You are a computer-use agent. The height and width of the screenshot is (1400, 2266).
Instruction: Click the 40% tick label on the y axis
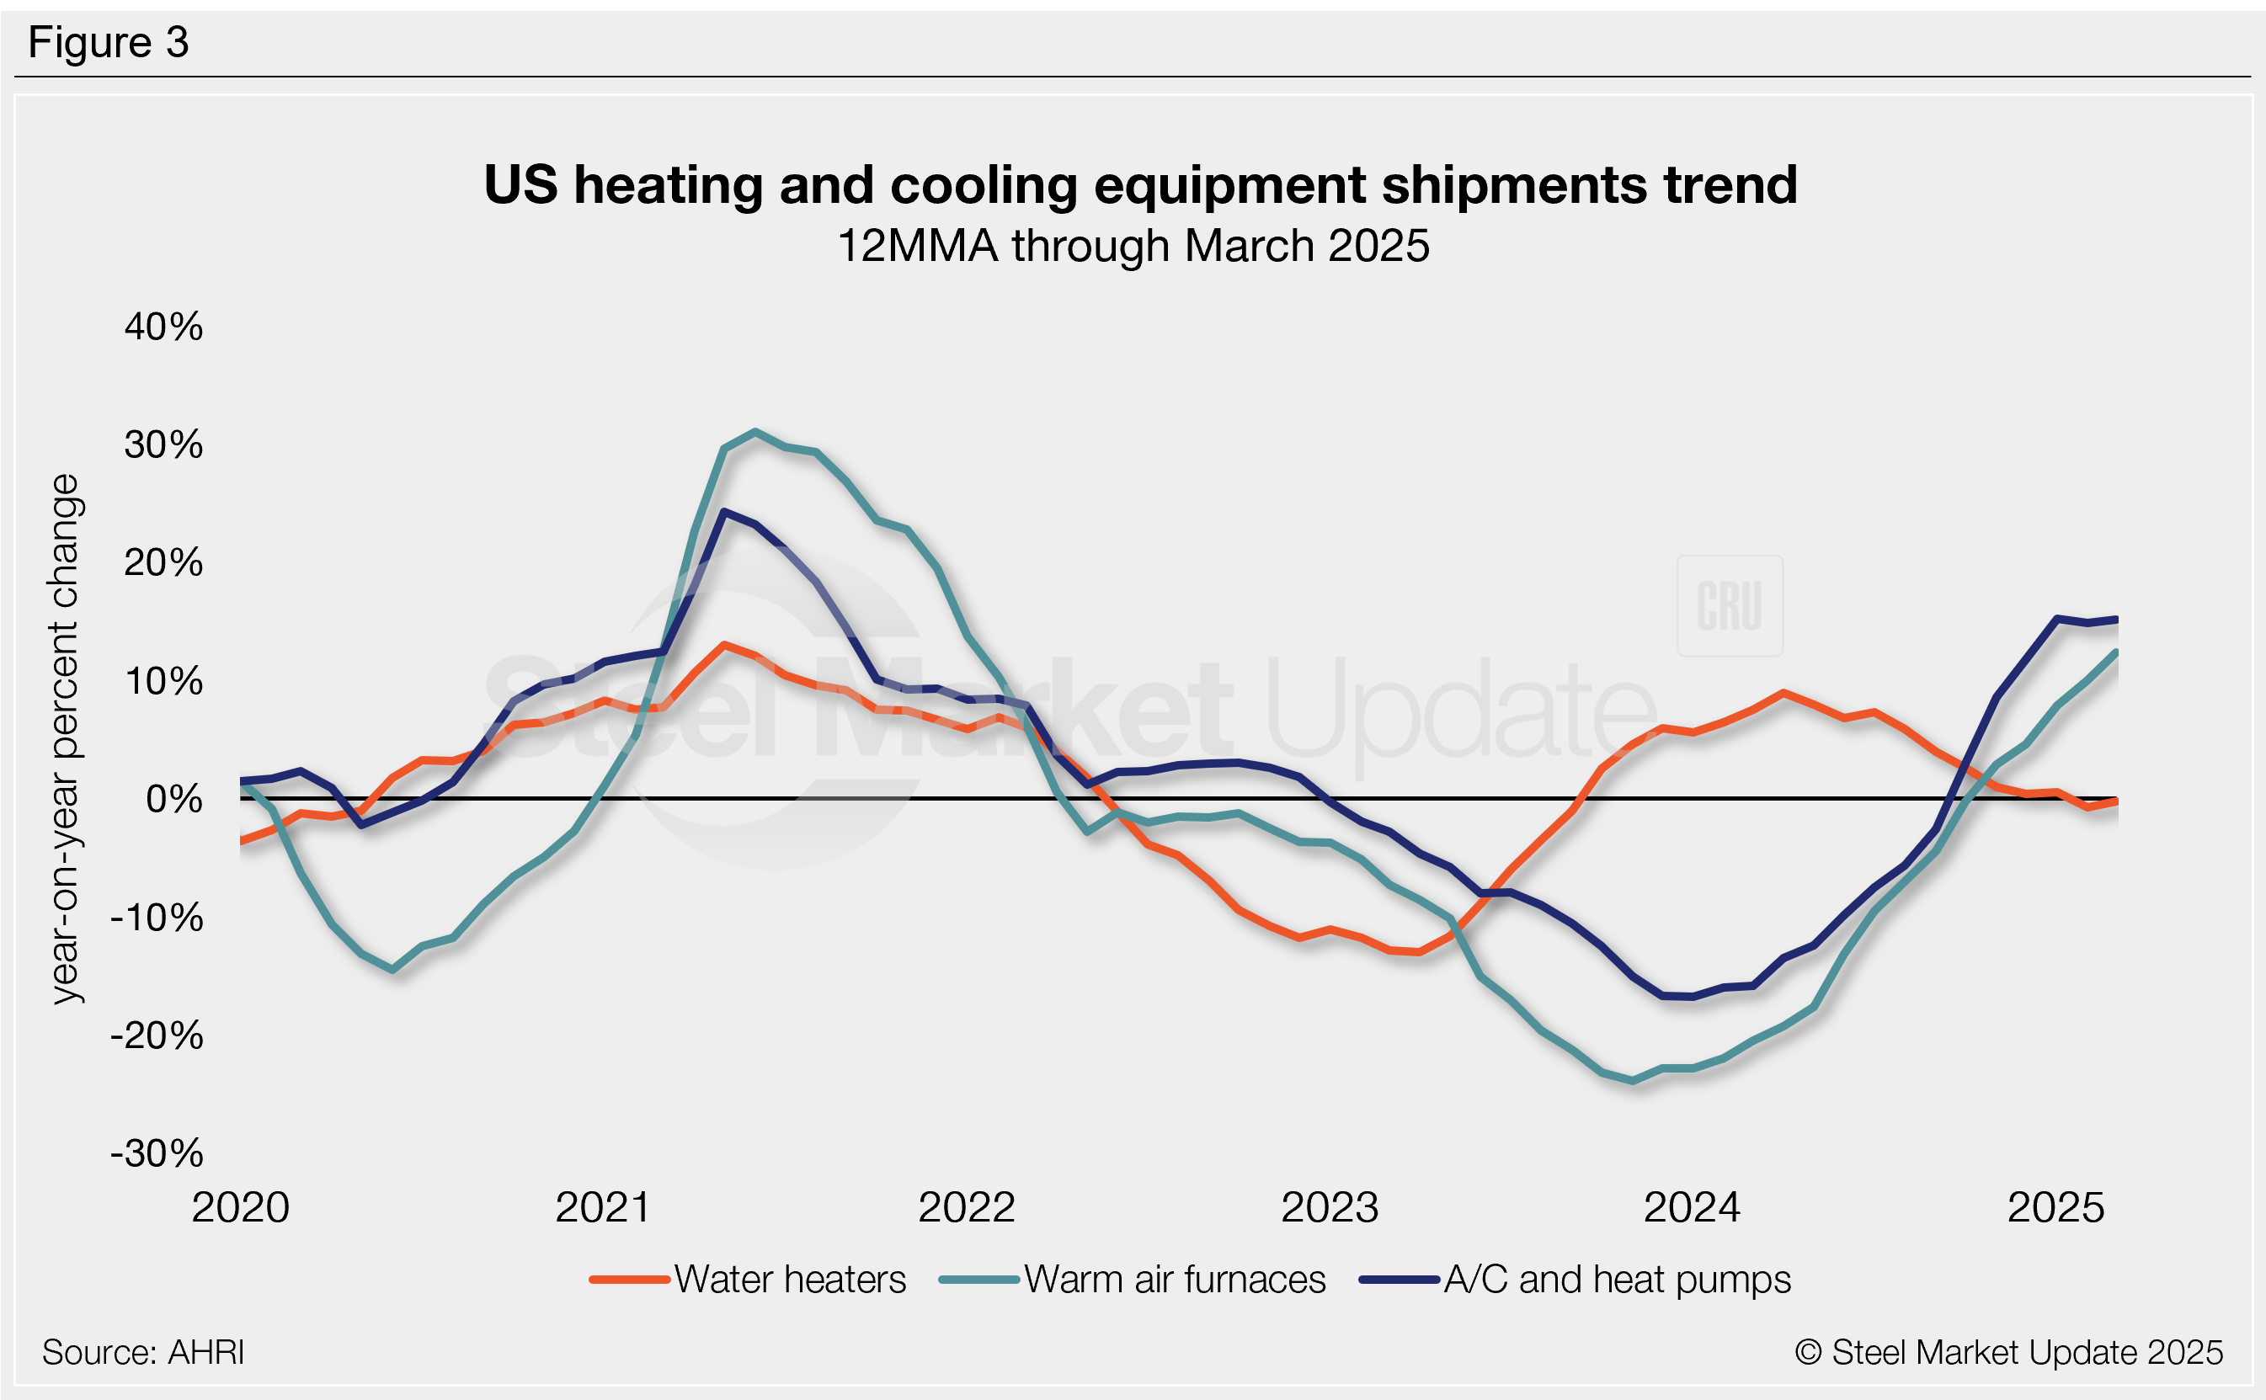(163, 327)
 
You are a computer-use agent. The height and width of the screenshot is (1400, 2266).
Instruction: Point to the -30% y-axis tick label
(157, 1153)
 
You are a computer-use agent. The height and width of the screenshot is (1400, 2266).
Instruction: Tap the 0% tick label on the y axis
(174, 799)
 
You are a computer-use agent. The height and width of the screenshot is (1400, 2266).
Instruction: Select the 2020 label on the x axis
(241, 1207)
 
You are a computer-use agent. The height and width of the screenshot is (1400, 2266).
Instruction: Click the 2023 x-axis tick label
(1330, 1207)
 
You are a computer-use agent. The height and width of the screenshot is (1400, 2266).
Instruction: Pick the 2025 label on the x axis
(2055, 1207)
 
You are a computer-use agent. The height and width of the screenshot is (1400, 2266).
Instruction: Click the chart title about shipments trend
(1140, 184)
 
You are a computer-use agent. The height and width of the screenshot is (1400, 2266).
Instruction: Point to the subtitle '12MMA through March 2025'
(1133, 247)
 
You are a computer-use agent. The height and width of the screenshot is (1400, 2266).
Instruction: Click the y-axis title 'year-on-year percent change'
(65, 739)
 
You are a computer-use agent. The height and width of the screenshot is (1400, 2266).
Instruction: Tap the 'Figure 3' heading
(109, 43)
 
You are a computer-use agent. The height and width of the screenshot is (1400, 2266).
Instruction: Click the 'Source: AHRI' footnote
(143, 1353)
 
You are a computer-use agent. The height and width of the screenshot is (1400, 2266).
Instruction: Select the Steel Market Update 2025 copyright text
(2008, 1353)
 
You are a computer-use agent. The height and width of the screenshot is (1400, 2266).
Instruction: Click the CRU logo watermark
(1729, 606)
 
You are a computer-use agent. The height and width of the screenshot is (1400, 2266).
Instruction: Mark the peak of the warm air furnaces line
(755, 432)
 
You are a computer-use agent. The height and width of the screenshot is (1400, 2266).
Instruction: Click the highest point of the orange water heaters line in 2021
(724, 645)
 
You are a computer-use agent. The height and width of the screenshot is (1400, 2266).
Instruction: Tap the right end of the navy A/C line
(2117, 620)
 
